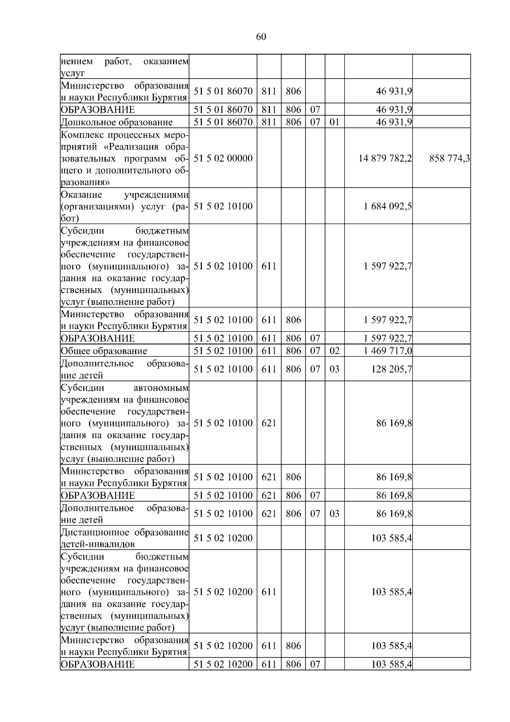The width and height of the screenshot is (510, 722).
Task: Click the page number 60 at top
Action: [261, 37]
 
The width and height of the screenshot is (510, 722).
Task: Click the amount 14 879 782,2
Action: [385, 159]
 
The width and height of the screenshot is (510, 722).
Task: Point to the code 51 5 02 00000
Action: [223, 159]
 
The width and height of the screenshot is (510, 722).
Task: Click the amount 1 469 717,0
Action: [388, 351]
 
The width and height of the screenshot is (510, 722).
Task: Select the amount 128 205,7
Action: [391, 369]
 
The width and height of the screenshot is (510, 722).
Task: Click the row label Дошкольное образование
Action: [117, 122]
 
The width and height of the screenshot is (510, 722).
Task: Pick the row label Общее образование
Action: [104, 351]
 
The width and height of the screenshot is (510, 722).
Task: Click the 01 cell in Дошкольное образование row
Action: [334, 122]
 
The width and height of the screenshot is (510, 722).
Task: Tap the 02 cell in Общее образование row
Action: [334, 351]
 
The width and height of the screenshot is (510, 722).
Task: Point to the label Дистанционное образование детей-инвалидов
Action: [125, 538]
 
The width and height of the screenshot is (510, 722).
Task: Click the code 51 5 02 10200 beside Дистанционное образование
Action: [223, 538]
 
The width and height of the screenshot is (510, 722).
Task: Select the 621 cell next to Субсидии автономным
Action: [269, 423]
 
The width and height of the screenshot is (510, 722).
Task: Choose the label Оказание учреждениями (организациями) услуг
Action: [125, 206]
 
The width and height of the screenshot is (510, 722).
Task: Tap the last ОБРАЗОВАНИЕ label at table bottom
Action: [98, 665]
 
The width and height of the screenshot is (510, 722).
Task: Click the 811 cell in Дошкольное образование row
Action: [269, 122]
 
